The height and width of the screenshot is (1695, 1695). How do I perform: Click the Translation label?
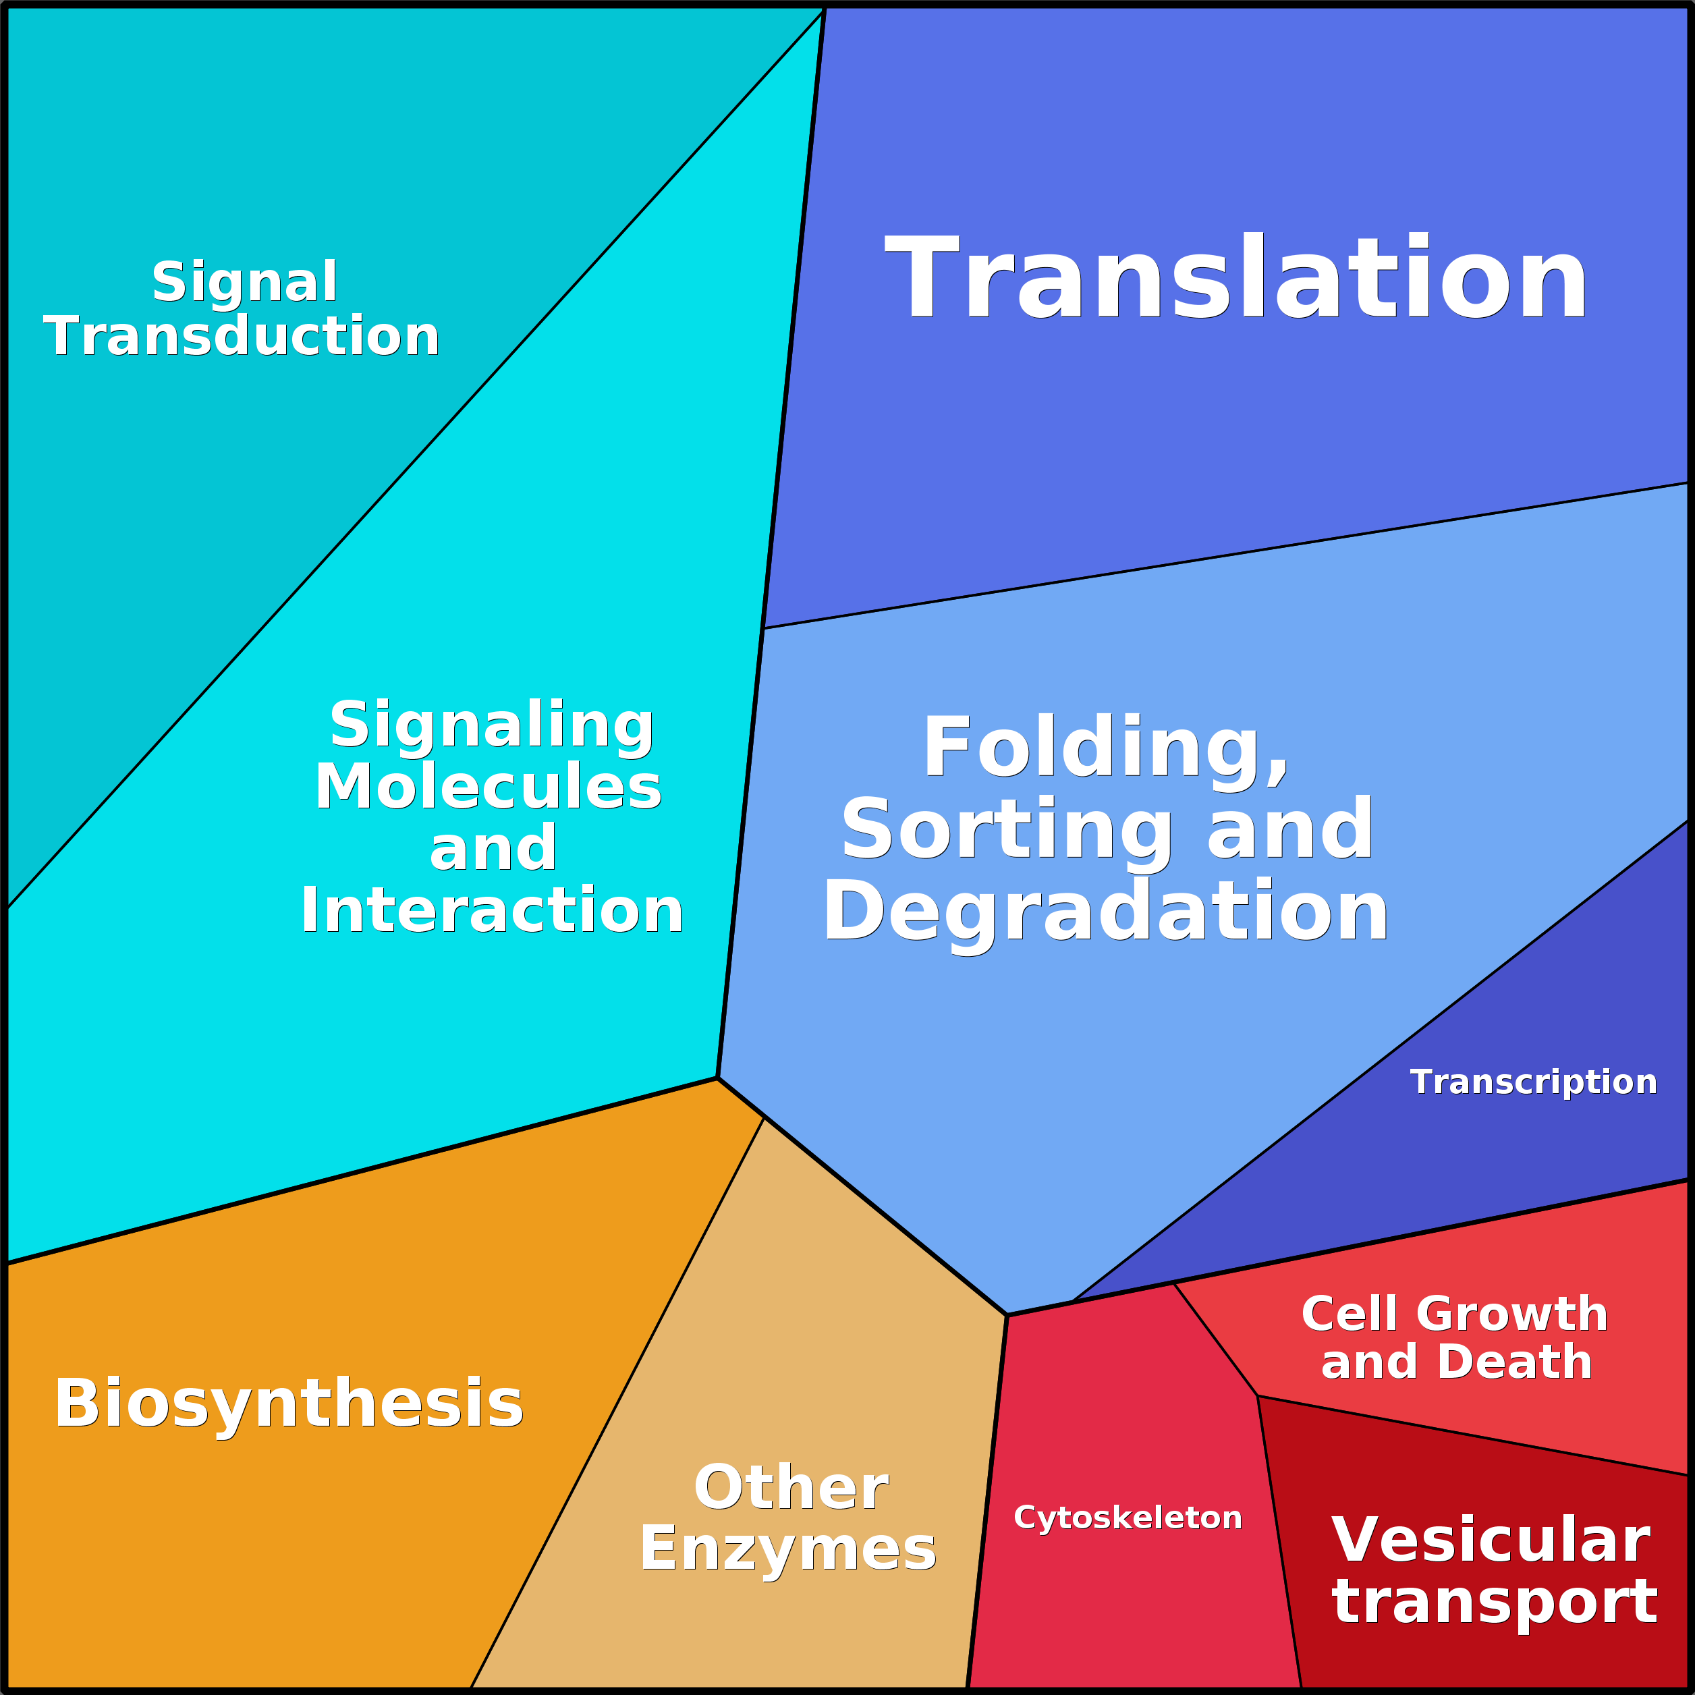(x=1236, y=279)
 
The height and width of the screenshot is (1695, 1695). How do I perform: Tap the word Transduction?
(x=242, y=337)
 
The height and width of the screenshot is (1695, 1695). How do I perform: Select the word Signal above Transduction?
(x=245, y=283)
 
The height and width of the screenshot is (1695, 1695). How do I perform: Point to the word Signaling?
(x=491, y=727)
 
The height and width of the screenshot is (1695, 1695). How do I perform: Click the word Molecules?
(x=489, y=787)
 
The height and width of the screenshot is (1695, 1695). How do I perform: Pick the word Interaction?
(x=491, y=911)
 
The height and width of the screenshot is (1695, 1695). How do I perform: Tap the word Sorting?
(x=1006, y=831)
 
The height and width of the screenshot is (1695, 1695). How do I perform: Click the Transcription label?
(x=1534, y=1082)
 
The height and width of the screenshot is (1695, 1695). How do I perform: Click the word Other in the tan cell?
(x=791, y=1488)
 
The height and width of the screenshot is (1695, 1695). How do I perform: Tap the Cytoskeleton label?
(x=1128, y=1518)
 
